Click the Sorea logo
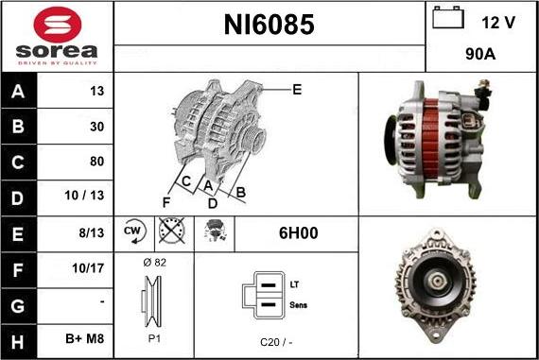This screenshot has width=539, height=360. tap(57, 36)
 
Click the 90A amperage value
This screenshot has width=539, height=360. tap(481, 56)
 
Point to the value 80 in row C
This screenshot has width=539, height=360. tap(96, 162)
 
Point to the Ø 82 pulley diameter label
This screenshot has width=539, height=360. tap(153, 263)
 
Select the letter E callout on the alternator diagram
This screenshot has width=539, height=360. tap(296, 90)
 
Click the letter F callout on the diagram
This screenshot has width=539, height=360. tap(166, 202)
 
